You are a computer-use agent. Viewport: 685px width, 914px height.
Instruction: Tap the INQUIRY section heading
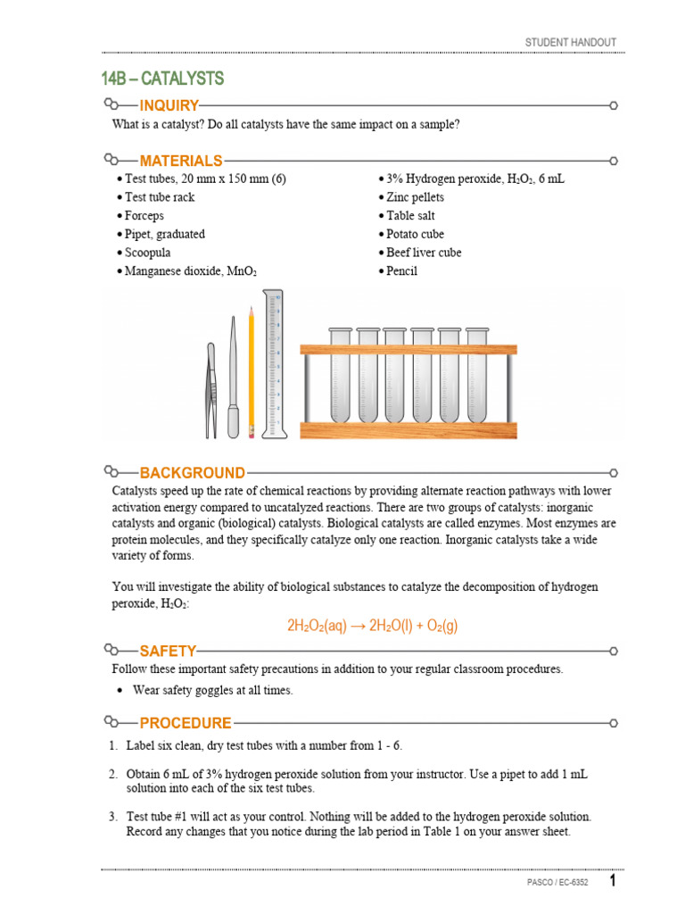coord(169,106)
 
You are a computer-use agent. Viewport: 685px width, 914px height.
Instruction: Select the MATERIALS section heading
coord(181,161)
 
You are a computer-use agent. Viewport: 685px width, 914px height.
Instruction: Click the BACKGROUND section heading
coord(192,473)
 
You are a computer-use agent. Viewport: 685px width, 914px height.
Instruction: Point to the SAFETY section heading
coord(168,652)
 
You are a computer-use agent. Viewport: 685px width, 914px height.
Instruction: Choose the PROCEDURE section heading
coord(186,723)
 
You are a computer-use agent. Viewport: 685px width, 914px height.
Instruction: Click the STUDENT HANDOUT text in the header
coord(570,43)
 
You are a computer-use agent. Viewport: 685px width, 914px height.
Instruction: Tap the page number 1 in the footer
coord(613,882)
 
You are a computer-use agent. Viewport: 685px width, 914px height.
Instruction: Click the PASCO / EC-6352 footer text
coord(557,883)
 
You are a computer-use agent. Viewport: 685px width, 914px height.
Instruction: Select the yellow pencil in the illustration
coord(252,366)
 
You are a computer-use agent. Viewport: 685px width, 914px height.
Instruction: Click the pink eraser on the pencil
coord(252,432)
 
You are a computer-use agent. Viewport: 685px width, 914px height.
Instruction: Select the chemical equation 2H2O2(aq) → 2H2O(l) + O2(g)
coord(372,626)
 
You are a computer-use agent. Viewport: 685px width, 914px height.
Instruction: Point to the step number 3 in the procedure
coord(113,817)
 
